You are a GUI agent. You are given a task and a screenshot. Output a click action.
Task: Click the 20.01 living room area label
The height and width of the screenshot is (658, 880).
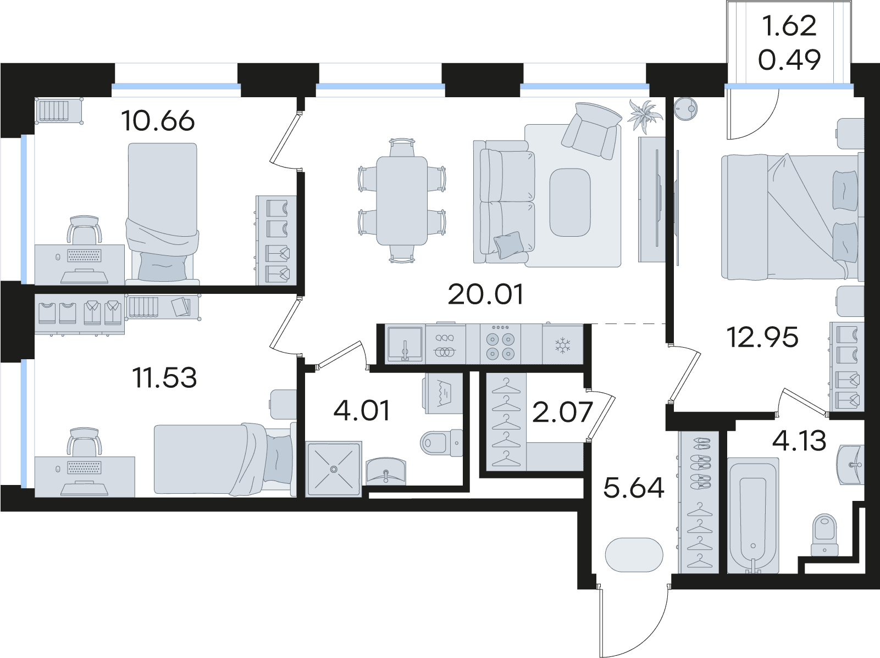(x=485, y=294)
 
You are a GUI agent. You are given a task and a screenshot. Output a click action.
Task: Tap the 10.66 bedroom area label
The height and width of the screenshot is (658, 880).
(x=158, y=120)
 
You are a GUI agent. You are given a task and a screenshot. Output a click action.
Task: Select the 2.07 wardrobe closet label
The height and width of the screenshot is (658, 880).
(x=562, y=412)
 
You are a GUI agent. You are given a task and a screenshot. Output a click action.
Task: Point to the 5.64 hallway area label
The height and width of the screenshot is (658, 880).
(x=633, y=488)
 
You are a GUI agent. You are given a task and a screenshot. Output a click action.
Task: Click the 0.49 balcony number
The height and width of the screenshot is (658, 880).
(x=789, y=60)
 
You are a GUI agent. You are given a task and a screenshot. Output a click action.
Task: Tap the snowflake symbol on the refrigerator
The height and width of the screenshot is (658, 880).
(x=562, y=345)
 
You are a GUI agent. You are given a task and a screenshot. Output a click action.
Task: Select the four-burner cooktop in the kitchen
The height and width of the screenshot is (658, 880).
(x=500, y=345)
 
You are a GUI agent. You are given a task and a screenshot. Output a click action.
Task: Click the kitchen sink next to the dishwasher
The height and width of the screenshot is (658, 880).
(x=405, y=344)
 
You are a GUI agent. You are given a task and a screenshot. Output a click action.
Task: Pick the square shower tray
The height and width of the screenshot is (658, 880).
(x=334, y=469)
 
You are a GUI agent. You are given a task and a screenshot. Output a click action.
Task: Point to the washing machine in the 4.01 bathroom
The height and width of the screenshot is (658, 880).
(x=443, y=393)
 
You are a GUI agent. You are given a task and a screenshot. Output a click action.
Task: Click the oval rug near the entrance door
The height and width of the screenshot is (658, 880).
(x=634, y=555)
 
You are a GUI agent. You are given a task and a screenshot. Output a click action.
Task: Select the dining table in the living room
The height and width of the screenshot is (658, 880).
(x=402, y=200)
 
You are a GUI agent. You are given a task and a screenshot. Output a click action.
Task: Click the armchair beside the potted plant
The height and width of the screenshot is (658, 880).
(x=591, y=129)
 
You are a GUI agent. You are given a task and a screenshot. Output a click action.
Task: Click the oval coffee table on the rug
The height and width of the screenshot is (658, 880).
(x=569, y=202)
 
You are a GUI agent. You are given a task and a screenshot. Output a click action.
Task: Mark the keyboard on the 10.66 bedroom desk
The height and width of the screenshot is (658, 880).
(x=84, y=255)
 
